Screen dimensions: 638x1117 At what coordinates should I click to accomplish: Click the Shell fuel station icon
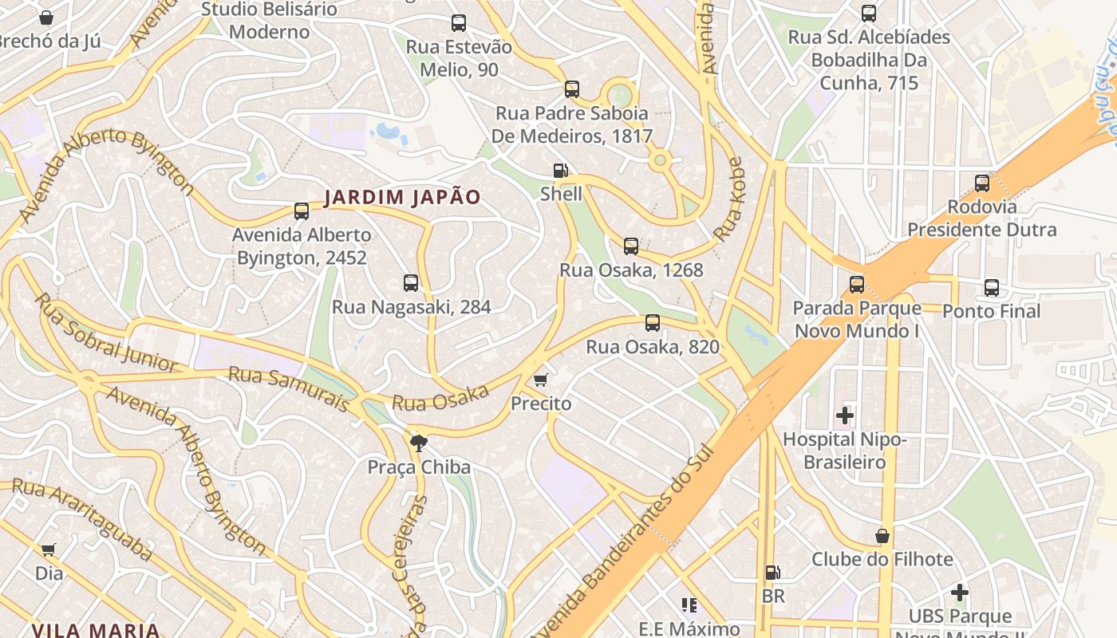pyautogui.click(x=561, y=170)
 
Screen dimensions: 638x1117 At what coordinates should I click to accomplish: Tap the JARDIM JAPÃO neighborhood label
pyautogui.click(x=402, y=197)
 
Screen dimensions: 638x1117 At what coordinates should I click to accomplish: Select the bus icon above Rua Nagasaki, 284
pyautogui.click(x=411, y=283)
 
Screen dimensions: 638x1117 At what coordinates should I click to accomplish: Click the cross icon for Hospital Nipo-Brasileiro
pyautogui.click(x=844, y=415)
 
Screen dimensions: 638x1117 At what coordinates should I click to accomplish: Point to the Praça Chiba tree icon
pyautogui.click(x=417, y=443)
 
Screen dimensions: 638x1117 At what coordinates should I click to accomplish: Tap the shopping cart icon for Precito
pyautogui.click(x=541, y=380)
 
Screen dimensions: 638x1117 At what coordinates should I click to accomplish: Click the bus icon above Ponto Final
pyautogui.click(x=992, y=288)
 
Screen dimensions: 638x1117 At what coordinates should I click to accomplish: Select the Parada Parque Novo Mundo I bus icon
pyautogui.click(x=857, y=285)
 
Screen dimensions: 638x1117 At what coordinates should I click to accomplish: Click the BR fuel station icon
pyautogui.click(x=772, y=572)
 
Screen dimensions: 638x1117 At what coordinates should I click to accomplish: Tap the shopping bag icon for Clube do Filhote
pyautogui.click(x=882, y=535)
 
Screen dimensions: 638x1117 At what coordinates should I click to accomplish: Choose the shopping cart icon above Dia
pyautogui.click(x=49, y=549)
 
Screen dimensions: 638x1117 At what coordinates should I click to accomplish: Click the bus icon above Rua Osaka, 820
pyautogui.click(x=653, y=323)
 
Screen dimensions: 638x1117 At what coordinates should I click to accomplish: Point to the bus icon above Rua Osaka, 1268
pyautogui.click(x=631, y=246)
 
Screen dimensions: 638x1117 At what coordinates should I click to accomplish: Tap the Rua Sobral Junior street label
pyautogui.click(x=107, y=333)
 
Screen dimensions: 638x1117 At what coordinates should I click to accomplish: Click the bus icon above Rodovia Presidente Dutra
pyautogui.click(x=982, y=183)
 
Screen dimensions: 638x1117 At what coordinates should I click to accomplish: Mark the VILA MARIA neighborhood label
pyautogui.click(x=96, y=629)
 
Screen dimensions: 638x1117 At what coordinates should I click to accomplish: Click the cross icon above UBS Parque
pyautogui.click(x=960, y=593)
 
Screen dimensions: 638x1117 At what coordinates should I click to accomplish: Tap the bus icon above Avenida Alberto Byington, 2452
pyautogui.click(x=302, y=211)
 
